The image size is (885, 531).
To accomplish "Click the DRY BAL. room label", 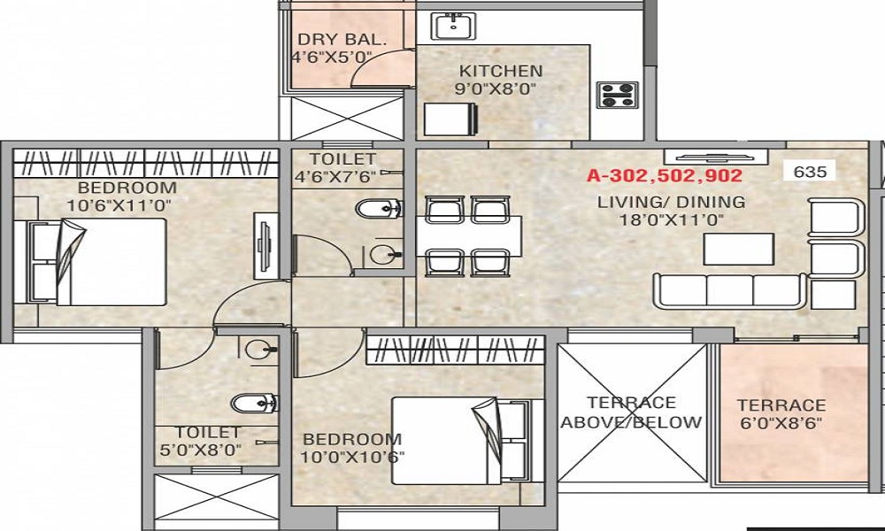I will (x=329, y=39).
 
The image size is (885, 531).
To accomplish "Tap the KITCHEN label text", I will (x=500, y=71).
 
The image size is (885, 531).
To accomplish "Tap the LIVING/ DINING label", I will (x=671, y=202).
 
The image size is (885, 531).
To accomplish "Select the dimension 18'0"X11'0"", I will (x=671, y=220).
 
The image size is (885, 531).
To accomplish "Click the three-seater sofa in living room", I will (x=729, y=290).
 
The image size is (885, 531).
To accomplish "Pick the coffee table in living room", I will (x=739, y=249).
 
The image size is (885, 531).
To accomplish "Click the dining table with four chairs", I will (x=469, y=235).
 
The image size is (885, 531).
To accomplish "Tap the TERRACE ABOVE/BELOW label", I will (x=631, y=412).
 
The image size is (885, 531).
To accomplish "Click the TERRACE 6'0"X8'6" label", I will (x=781, y=414).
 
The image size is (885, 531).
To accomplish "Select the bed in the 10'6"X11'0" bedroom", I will (x=97, y=262).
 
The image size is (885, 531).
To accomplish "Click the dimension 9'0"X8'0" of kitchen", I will (x=496, y=88).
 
